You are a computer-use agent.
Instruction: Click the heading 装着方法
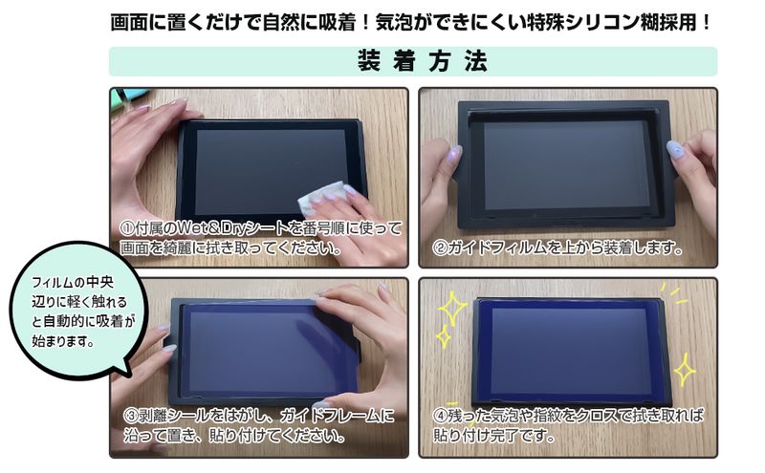(x=423, y=61)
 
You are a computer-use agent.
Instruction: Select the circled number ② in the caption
(x=440, y=248)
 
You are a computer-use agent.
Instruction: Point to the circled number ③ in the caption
(x=131, y=416)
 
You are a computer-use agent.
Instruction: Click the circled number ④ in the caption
(x=440, y=416)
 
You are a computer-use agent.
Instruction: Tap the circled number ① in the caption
(x=127, y=228)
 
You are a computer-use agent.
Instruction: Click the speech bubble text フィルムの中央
(x=73, y=282)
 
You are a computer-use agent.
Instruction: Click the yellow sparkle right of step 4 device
(x=685, y=369)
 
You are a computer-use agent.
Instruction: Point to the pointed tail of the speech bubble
(x=129, y=375)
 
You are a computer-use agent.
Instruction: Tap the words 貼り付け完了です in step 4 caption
(x=493, y=435)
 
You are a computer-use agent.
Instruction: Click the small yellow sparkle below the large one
(x=444, y=336)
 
